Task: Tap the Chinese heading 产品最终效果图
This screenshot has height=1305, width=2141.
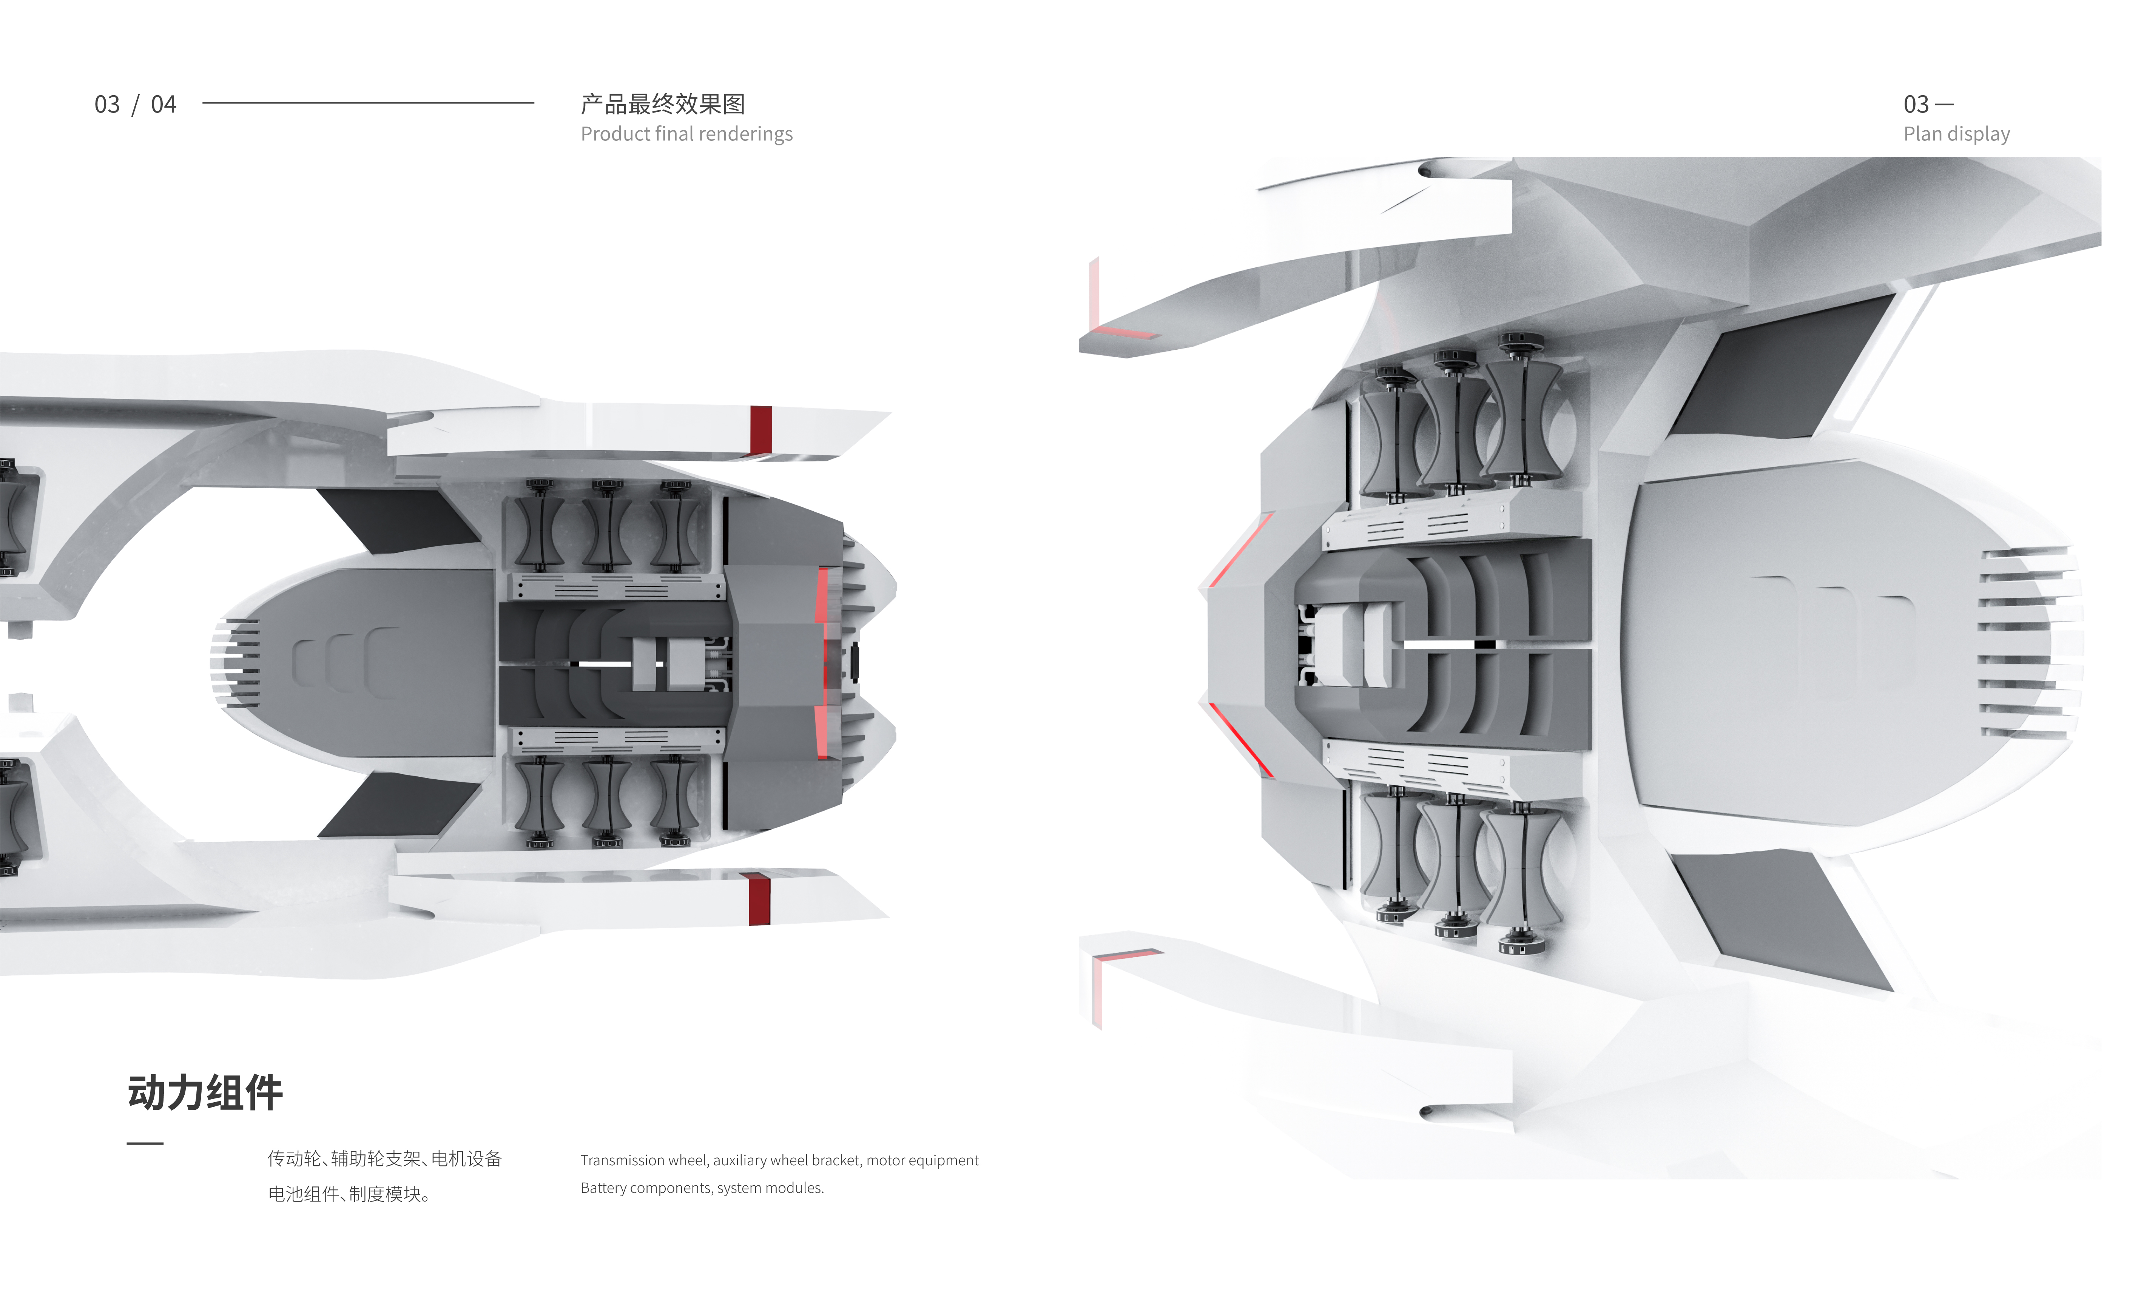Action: click(x=663, y=104)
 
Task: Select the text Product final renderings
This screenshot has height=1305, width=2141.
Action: click(x=686, y=134)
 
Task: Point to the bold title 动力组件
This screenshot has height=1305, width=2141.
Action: click(x=205, y=1092)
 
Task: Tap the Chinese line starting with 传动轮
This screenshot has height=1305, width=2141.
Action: click(x=384, y=1158)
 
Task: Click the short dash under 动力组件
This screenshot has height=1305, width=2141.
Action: click(x=145, y=1143)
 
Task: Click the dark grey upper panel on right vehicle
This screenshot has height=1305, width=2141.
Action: click(x=1781, y=369)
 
